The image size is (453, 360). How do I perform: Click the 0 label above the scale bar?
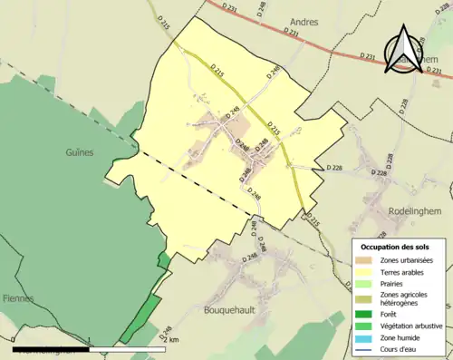14,340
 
